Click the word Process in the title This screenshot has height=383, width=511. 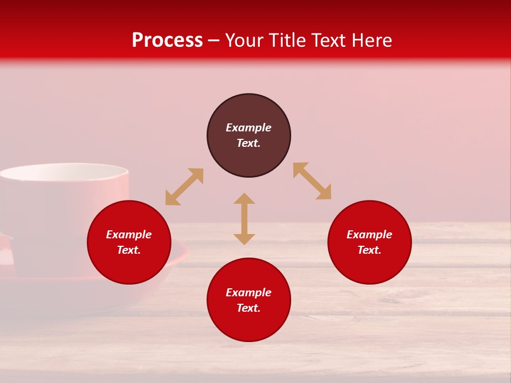coord(167,40)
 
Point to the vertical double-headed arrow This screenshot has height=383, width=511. coord(244,219)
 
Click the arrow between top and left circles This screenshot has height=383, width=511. coord(184,187)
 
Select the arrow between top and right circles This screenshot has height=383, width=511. coord(312,181)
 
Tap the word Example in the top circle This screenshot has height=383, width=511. coord(249,128)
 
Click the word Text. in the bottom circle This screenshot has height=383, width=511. coord(249,308)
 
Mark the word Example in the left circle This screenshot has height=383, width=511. coord(129,235)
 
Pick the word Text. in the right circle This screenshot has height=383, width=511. coord(369,250)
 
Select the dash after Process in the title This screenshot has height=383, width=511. coord(213,41)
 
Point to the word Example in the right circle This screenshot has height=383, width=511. coord(369,235)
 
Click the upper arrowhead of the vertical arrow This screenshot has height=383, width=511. coord(244,199)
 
